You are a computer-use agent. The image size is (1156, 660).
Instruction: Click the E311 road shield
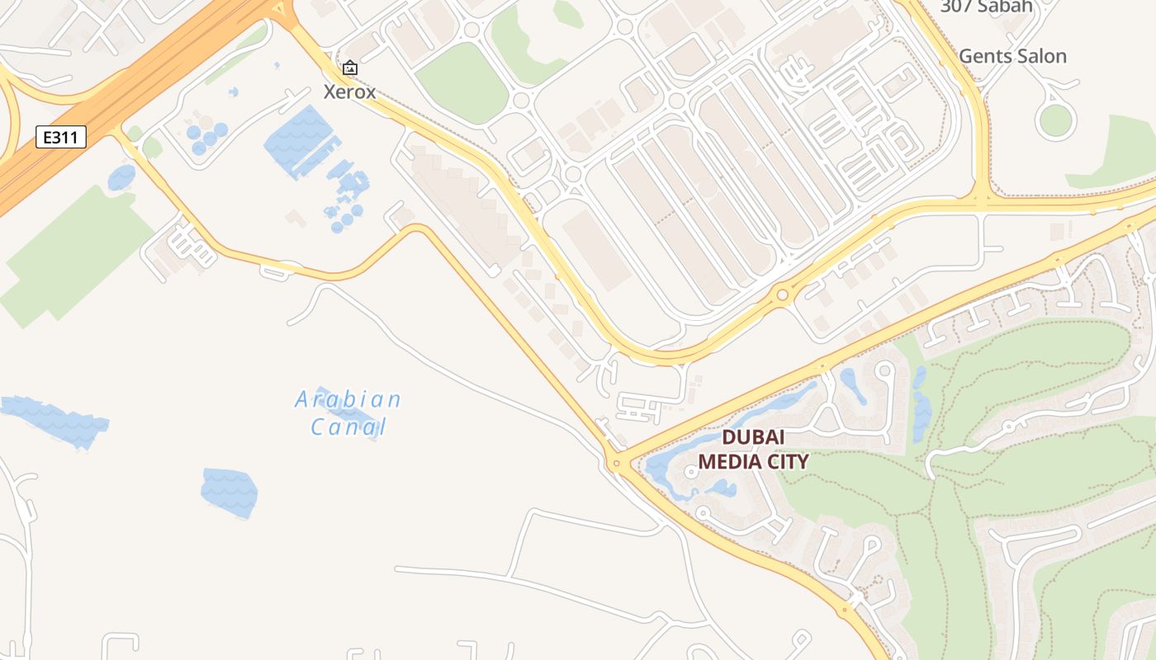pos(61,137)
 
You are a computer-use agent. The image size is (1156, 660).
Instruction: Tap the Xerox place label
pos(349,92)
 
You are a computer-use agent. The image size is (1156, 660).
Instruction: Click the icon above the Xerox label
pos(349,68)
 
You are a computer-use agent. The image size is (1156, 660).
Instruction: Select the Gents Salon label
pos(1012,56)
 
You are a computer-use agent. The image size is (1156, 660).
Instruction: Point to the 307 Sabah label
pos(986,7)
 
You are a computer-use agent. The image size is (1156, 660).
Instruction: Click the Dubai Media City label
pos(753,450)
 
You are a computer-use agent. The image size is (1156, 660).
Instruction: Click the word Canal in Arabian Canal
pos(348,427)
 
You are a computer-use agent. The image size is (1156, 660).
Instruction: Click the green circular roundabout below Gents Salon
pos(1055,120)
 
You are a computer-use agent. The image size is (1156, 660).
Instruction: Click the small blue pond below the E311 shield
pos(121,177)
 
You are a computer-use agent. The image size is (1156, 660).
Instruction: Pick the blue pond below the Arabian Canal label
pos(229,493)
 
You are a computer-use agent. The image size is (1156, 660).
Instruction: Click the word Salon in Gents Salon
pos(1038,56)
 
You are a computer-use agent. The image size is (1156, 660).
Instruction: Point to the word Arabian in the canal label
pos(348,400)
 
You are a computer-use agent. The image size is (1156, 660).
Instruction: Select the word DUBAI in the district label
pos(753,437)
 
